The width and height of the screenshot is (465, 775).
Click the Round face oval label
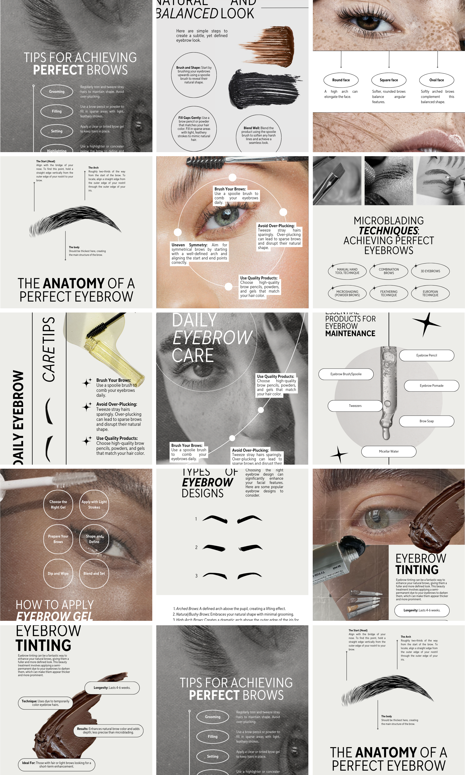341,80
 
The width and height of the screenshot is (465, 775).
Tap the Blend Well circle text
258,135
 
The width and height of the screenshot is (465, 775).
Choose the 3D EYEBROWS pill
430,271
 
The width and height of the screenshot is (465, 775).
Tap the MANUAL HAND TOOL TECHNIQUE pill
347,271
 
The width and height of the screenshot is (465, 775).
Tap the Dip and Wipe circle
58,574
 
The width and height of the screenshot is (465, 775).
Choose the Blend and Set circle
94,574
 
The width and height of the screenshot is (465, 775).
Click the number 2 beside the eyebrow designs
196,547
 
